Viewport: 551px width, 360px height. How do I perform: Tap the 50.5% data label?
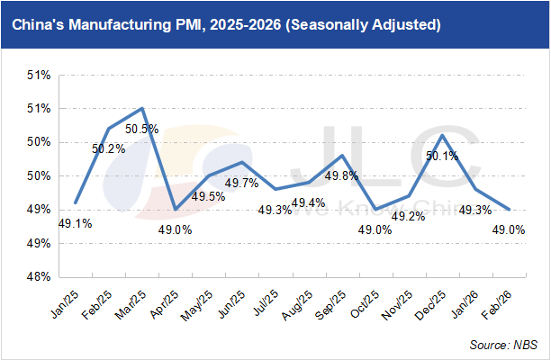click(x=141, y=129)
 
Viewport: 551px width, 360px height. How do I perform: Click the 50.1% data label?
click(x=442, y=156)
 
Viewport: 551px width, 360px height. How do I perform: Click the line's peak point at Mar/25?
click(x=142, y=108)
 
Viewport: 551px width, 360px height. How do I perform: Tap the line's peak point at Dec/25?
click(x=442, y=135)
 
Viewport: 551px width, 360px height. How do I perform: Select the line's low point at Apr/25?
click(x=176, y=209)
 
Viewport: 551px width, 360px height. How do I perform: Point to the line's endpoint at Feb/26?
click(x=510, y=209)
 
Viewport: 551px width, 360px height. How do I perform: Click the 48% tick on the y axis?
click(x=35, y=277)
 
